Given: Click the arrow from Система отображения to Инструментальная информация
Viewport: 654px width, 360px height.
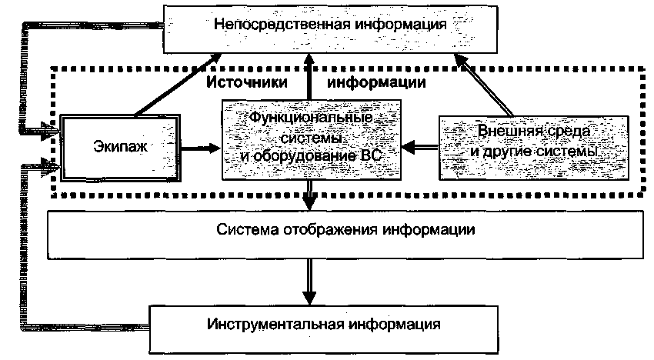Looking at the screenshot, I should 309,280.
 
